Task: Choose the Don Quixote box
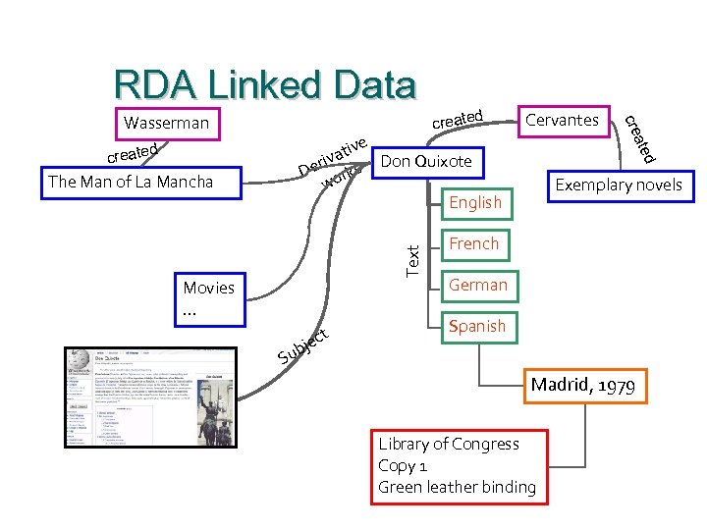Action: tap(426, 161)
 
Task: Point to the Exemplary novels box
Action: tap(618, 185)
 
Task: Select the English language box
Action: tap(475, 203)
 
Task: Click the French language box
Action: tap(475, 244)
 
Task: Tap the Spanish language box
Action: tap(476, 326)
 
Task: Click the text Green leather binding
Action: tap(457, 487)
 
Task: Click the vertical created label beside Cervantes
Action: tap(640, 138)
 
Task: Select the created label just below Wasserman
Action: tap(134, 154)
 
